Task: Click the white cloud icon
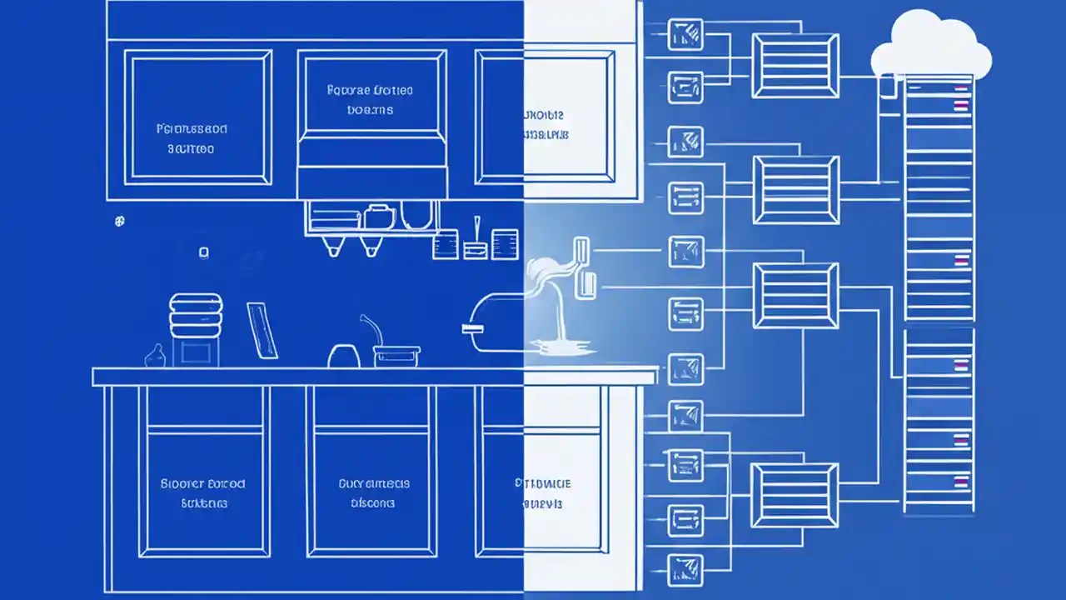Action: coord(931,46)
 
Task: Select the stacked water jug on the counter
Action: coord(196,316)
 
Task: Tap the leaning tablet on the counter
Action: coord(262,331)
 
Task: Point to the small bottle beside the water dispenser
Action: coord(155,356)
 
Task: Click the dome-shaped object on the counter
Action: coord(342,356)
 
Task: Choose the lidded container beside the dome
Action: coord(396,356)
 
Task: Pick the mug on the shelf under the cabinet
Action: coord(379,216)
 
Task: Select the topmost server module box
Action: coord(795,66)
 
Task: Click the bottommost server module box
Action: coord(794,496)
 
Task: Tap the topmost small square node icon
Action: coord(685,35)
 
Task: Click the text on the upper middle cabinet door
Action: coord(371,100)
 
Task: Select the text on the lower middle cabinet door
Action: coord(374,493)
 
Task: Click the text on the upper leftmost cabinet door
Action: coord(192,139)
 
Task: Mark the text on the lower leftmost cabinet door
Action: coord(203,493)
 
